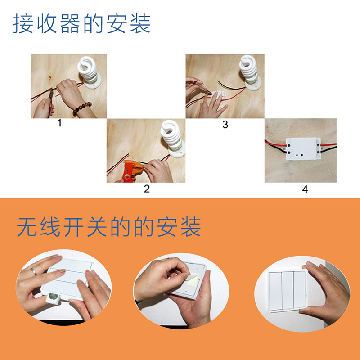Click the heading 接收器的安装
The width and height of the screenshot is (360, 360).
point(82,24)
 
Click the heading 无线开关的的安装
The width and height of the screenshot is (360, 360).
point(109,227)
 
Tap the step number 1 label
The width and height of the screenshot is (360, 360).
point(59,123)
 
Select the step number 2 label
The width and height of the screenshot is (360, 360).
point(147,189)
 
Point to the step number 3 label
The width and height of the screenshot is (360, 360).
point(225,125)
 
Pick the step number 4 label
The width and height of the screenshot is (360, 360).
point(305,189)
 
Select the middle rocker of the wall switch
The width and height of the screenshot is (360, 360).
point(288,290)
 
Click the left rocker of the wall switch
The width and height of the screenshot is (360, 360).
point(275,291)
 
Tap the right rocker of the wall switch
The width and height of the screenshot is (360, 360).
point(300,290)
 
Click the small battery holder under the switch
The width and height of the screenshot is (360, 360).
point(53,298)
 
